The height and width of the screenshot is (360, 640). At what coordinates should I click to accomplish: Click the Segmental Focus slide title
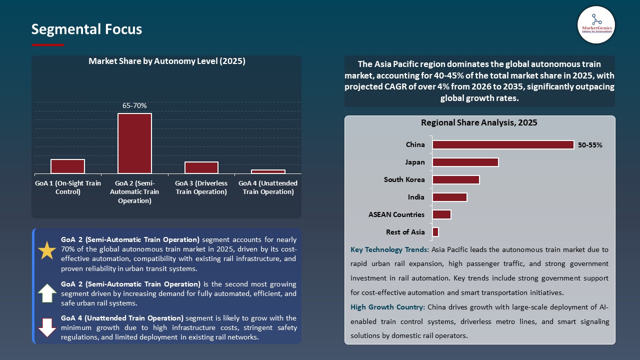click(x=86, y=29)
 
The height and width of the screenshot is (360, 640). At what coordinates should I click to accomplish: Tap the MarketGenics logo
click(x=596, y=24)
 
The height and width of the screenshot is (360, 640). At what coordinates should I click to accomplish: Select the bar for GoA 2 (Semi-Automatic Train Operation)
click(x=134, y=143)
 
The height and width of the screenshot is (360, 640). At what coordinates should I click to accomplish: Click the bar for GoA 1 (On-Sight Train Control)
click(x=67, y=166)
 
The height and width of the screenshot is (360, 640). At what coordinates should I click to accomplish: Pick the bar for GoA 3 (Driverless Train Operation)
click(x=201, y=167)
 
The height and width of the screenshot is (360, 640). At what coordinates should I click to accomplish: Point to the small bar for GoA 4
click(x=268, y=171)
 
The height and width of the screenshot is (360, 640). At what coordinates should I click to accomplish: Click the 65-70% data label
click(x=134, y=105)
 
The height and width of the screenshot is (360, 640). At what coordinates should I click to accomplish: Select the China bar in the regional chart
click(x=503, y=144)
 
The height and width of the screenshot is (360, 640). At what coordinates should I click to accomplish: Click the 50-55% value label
click(x=590, y=145)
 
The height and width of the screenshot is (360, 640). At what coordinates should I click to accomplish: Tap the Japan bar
click(x=465, y=162)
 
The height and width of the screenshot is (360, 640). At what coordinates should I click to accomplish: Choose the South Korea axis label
click(x=404, y=179)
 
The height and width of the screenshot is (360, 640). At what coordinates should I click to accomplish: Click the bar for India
click(x=449, y=197)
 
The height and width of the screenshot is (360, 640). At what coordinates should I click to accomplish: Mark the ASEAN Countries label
click(x=396, y=214)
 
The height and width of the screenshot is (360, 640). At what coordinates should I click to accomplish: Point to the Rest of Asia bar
click(x=435, y=232)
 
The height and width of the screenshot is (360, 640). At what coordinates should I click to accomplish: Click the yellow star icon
click(x=47, y=250)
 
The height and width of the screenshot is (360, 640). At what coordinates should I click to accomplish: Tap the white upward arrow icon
click(x=47, y=293)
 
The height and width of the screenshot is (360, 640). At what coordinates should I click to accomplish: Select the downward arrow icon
click(x=47, y=327)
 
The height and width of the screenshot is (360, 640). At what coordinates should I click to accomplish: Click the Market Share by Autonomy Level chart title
click(x=166, y=61)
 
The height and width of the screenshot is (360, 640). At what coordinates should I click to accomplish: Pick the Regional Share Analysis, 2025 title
click(x=479, y=122)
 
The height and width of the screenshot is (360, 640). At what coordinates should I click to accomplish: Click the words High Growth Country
click(x=387, y=307)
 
